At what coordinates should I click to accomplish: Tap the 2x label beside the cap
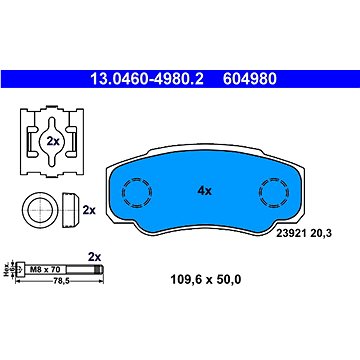(88, 210)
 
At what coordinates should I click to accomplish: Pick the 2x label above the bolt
(96, 256)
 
